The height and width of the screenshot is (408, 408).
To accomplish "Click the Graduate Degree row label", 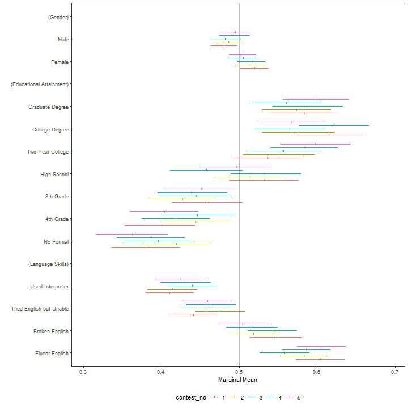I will point(49,107).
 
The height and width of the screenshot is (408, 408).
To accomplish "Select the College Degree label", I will point(50,129).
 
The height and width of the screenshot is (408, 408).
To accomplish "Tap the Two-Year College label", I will point(48,152).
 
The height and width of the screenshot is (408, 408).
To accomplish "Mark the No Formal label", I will point(56,242).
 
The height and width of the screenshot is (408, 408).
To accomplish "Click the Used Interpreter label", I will point(49,287).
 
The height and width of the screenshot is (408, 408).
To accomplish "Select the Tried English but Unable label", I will point(40,309).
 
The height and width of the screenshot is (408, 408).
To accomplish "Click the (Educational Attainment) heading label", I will point(40,84).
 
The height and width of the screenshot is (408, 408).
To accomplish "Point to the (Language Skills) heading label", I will point(48,264).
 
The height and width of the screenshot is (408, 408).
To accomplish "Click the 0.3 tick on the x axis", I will point(83,372).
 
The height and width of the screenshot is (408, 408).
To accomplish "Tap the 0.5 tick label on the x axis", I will point(239,372).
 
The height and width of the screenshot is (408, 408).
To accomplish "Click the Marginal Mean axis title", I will point(239,380).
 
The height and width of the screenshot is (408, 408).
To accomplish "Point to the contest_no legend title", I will point(190,398).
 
